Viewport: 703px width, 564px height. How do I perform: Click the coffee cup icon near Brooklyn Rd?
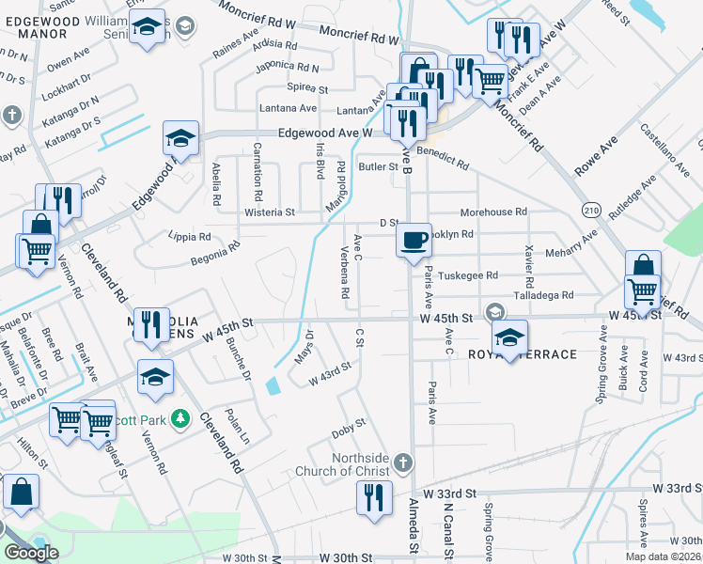point(414,241)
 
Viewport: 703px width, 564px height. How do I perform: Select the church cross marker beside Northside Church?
point(402,462)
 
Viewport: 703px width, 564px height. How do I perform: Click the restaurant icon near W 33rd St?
point(375,497)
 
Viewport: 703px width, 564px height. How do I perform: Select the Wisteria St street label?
point(270,212)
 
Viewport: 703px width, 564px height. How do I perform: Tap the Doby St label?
point(348,431)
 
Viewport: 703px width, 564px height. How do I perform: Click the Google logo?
point(31,553)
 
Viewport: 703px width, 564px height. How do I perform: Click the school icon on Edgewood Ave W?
point(180,138)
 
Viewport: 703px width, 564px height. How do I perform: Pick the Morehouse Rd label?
point(493,212)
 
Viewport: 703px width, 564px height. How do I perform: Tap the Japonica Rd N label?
point(288,68)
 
